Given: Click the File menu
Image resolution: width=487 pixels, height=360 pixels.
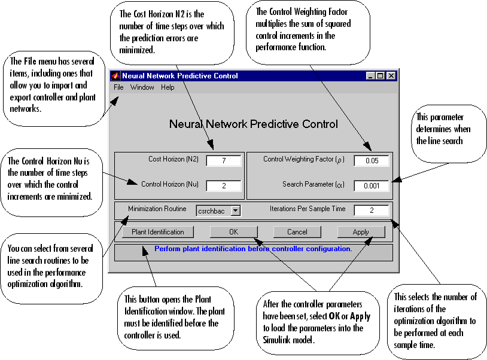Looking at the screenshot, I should point(118,87).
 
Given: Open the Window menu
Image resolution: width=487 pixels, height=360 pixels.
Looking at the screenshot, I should point(142,87).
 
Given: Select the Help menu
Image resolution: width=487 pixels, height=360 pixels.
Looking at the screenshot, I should point(168,87).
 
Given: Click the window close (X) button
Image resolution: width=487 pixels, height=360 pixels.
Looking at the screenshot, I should point(391,76).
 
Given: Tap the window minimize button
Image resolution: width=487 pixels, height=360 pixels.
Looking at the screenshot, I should point(370,76).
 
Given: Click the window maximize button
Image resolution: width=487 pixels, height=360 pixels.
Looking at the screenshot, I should point(381,76).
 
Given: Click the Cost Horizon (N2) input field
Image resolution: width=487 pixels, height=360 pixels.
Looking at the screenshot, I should point(223,160).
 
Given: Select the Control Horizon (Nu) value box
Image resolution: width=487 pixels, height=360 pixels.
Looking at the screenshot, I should point(223,185).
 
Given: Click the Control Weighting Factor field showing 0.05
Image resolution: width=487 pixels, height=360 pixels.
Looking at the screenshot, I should point(371,160).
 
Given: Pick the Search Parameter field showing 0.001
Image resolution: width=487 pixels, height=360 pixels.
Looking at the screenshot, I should point(371,185).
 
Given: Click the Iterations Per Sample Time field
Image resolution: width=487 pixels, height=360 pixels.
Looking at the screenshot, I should point(371,210).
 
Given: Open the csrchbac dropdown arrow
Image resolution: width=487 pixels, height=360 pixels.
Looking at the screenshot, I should point(235,210).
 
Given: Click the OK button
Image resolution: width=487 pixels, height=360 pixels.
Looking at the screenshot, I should point(233,231).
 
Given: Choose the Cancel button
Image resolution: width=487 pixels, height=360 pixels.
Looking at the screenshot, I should point(297,231).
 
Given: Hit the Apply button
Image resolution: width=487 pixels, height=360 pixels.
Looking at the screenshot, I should point(361,231).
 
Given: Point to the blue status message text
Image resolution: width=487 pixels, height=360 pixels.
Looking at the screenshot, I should point(253,248).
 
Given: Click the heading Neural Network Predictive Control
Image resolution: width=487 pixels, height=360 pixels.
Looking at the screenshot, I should point(253,124).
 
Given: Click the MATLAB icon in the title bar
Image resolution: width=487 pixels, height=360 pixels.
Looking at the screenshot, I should point(115,76).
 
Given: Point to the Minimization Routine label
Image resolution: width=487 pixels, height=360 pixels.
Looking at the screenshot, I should point(158,209).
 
